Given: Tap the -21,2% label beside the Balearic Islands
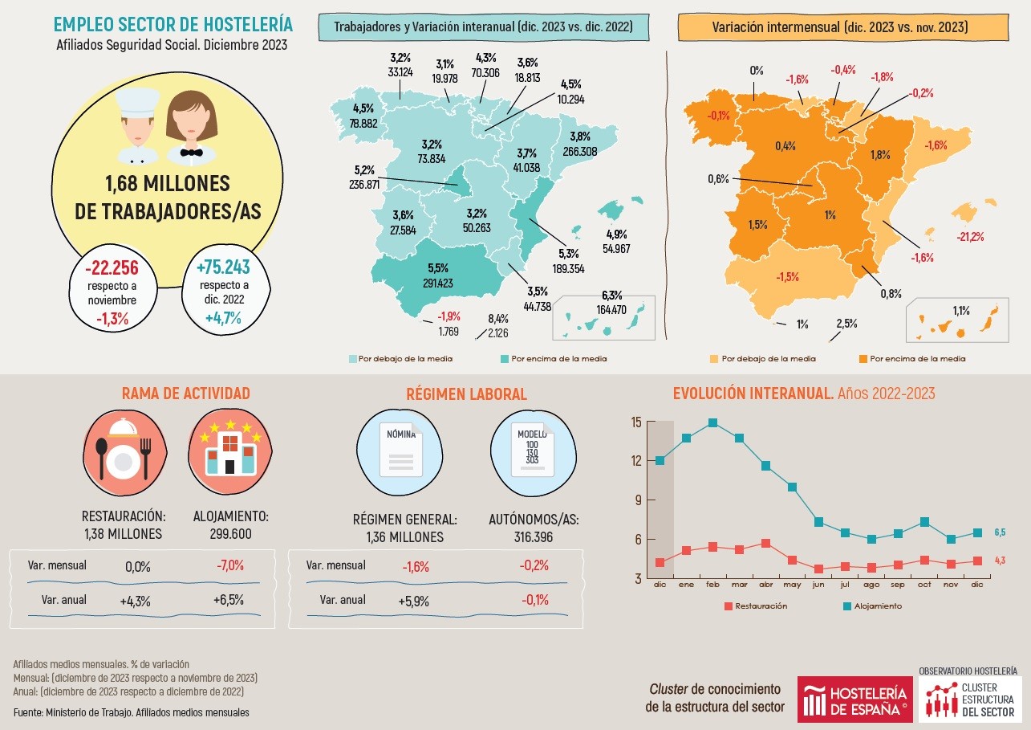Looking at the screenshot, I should pyautogui.click(x=970, y=237).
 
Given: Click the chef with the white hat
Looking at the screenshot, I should pyautogui.click(x=137, y=125).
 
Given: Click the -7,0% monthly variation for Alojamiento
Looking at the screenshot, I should pyautogui.click(x=229, y=566).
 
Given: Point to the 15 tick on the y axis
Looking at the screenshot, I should pyautogui.click(x=636, y=422).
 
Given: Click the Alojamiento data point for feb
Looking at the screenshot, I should pyautogui.click(x=712, y=422).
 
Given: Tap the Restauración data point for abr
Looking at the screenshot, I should pyautogui.click(x=765, y=544).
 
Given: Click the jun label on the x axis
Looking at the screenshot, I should pyautogui.click(x=818, y=585).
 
